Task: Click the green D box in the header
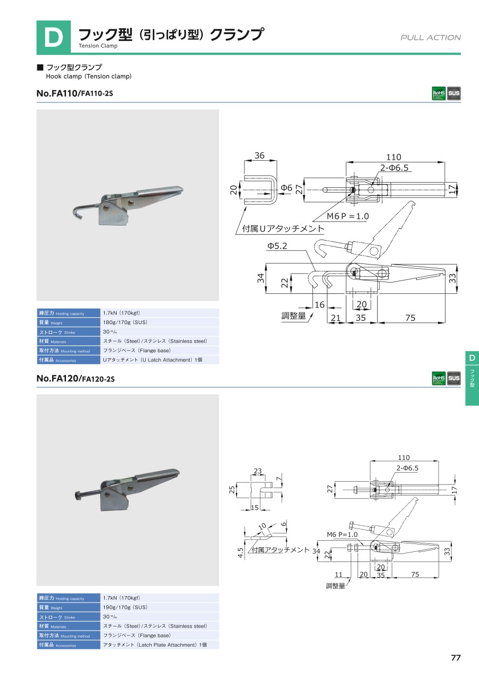[x=54, y=37]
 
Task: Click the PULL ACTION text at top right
[x=431, y=37]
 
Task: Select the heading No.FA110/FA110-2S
[x=75, y=93]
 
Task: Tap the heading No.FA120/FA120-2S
[x=76, y=378]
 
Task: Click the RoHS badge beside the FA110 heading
[x=439, y=93]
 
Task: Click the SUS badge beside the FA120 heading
[x=454, y=378]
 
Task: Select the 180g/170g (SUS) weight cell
[x=160, y=322]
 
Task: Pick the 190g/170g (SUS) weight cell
[x=160, y=607]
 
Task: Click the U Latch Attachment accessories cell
[x=160, y=360]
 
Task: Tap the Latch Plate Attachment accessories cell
[x=160, y=645]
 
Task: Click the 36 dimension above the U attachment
[x=259, y=155]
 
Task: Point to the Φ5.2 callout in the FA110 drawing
[x=277, y=246]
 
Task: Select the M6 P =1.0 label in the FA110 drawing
[x=348, y=216]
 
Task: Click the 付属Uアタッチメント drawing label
[x=283, y=228]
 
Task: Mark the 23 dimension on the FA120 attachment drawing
[x=258, y=471]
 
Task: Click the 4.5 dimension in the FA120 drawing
[x=241, y=553]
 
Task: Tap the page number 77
[x=456, y=658]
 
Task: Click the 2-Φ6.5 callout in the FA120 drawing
[x=407, y=468]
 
